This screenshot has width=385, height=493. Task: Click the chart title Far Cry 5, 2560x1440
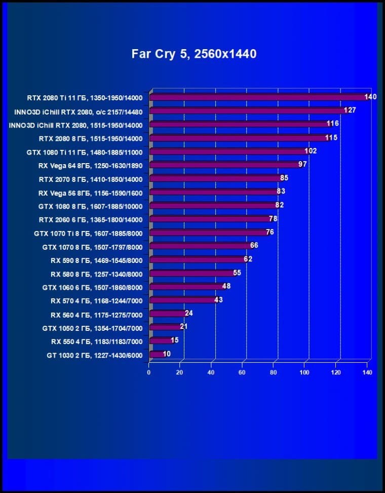click(194, 54)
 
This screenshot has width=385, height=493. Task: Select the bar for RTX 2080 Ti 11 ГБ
click(258, 97)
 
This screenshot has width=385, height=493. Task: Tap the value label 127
click(350, 110)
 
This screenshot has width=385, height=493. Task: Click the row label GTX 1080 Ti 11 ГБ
click(85, 151)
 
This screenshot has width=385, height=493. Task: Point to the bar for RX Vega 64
click(225, 165)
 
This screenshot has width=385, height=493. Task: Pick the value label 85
click(284, 178)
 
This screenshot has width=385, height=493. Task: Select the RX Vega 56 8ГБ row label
click(90, 193)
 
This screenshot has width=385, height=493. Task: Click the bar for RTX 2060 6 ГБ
click(210, 219)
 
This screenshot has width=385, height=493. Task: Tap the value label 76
click(270, 232)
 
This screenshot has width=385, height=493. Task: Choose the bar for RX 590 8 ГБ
click(198, 259)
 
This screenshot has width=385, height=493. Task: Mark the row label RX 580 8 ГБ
click(96, 274)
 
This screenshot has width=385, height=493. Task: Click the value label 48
click(226, 286)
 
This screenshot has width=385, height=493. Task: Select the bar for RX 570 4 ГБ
click(182, 300)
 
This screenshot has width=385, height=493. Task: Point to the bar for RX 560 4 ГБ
click(168, 314)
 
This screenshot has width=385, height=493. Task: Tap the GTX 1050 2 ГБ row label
click(92, 328)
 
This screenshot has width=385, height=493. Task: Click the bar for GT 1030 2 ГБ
click(157, 354)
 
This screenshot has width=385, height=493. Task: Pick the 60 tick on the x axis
click(243, 372)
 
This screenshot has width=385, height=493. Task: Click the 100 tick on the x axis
click(304, 372)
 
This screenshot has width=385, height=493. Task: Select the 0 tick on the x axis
click(149, 372)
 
